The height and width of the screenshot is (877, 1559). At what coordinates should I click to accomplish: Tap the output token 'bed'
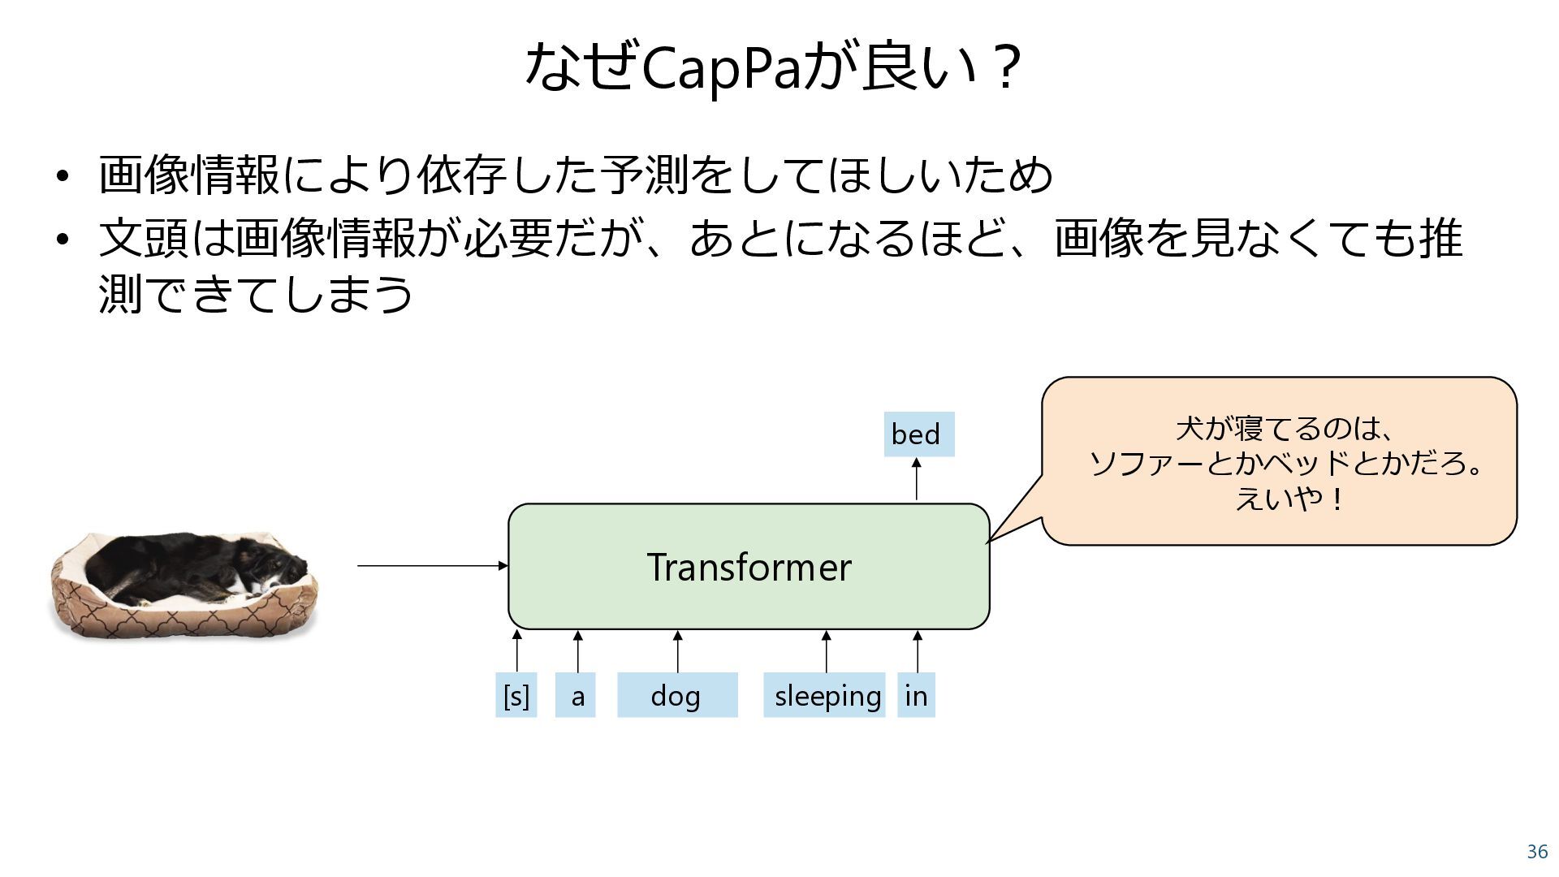click(918, 434)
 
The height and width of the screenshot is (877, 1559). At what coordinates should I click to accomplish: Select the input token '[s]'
click(516, 695)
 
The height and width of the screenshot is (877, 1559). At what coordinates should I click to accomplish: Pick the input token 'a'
click(576, 695)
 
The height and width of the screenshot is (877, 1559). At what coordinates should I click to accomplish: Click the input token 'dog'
click(677, 695)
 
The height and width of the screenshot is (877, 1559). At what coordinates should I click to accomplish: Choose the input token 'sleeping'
click(824, 695)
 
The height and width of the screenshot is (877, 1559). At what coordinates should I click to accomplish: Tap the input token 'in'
click(916, 695)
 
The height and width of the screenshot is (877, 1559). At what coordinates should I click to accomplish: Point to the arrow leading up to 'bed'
click(916, 480)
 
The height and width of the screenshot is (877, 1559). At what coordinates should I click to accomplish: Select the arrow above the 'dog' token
click(677, 652)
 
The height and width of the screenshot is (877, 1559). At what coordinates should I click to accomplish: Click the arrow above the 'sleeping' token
click(826, 652)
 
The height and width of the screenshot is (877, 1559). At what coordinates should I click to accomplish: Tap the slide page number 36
click(1537, 852)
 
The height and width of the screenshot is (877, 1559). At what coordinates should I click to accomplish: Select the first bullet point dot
click(63, 176)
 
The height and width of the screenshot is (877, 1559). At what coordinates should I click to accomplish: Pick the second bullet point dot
click(63, 239)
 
